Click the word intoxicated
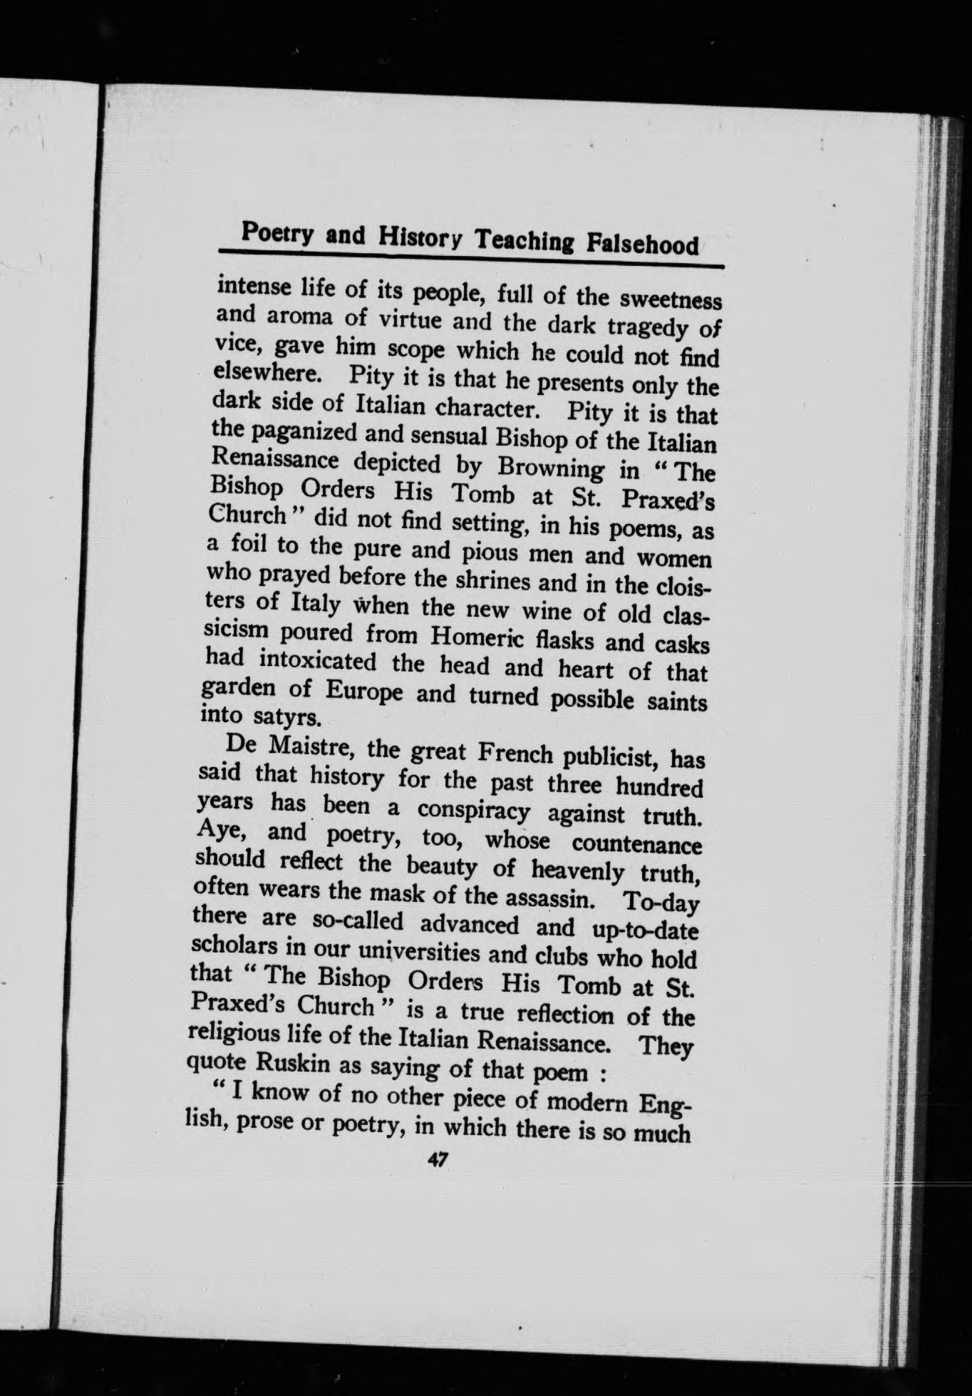(318, 662)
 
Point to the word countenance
(636, 844)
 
